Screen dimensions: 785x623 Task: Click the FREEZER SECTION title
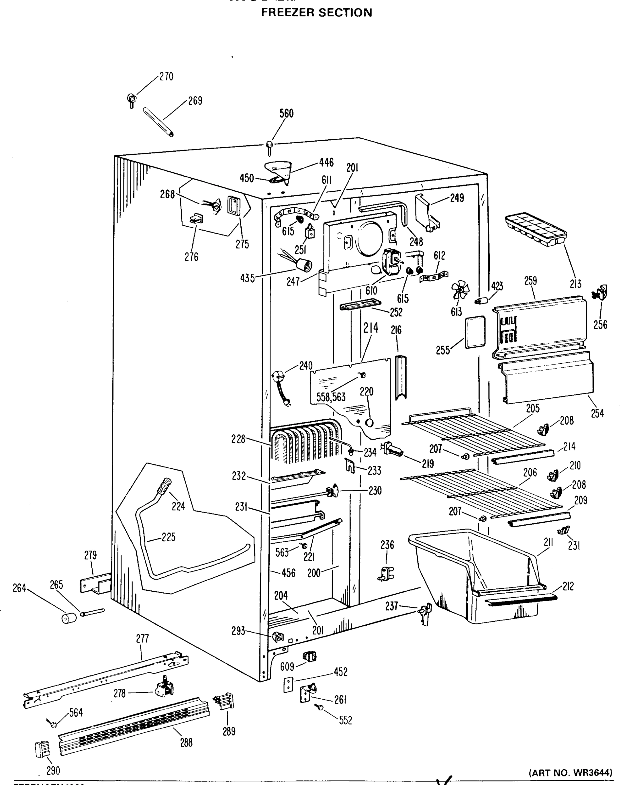pyautogui.click(x=317, y=13)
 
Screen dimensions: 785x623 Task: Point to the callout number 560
pyautogui.click(x=286, y=113)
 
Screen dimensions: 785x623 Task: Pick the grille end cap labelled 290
pyautogui.click(x=42, y=749)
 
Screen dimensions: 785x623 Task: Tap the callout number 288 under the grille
pyautogui.click(x=186, y=742)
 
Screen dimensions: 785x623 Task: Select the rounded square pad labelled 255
pyautogui.click(x=475, y=332)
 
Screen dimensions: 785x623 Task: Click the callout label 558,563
pyautogui.click(x=331, y=397)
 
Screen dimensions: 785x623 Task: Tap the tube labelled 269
pyautogui.click(x=158, y=122)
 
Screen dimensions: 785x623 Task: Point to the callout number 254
pyautogui.click(x=597, y=413)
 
